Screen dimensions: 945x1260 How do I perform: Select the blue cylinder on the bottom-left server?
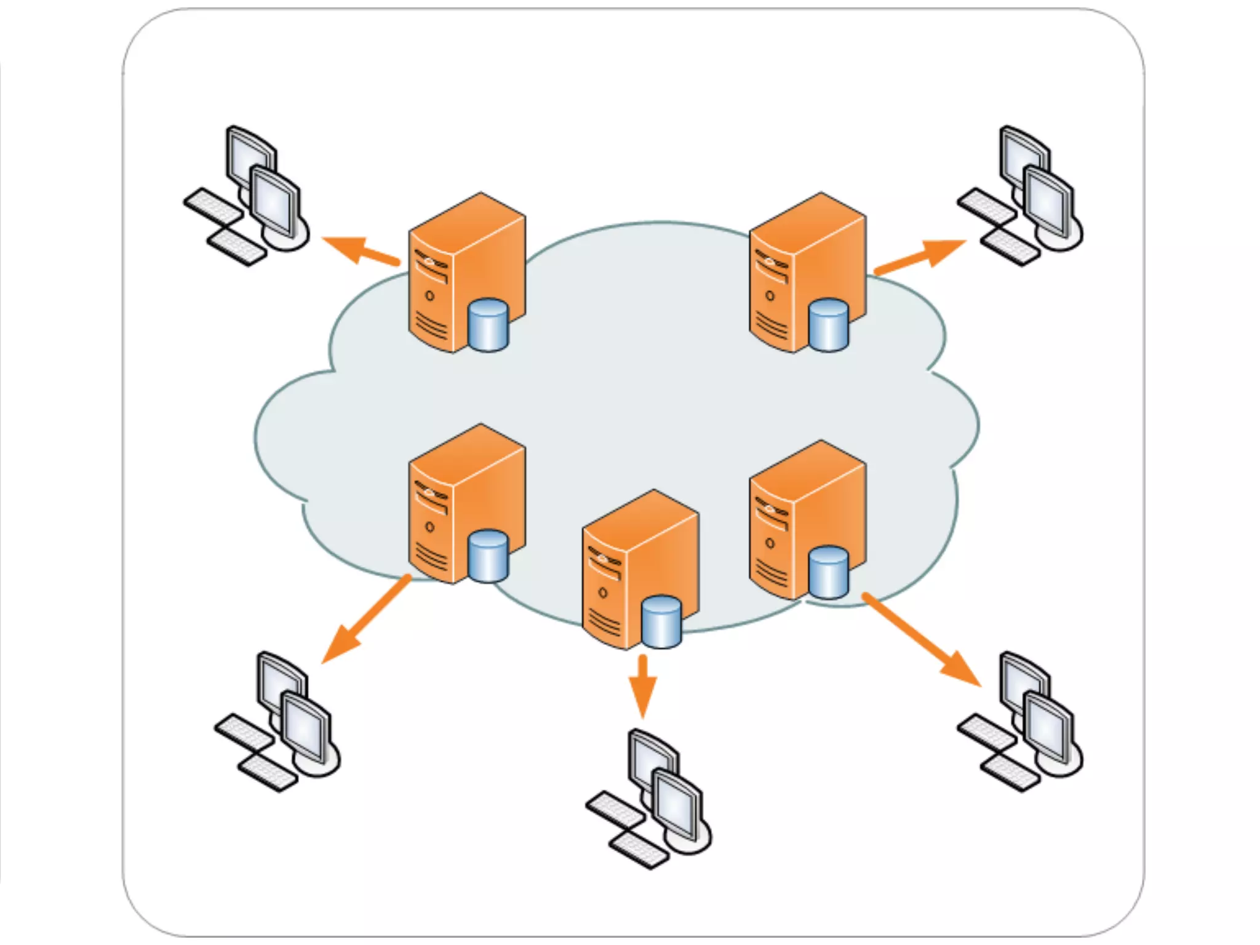[488, 556]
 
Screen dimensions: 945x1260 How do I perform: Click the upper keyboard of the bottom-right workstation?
[986, 732]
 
